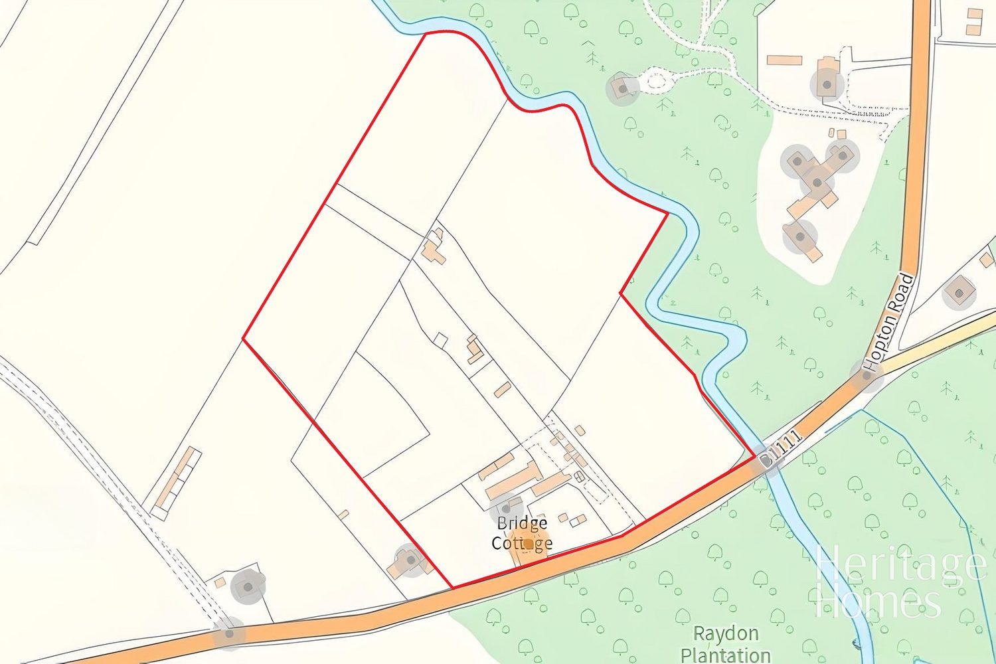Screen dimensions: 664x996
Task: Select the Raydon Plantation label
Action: pyautogui.click(x=725, y=644)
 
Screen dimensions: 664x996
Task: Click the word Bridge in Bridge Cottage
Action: pyautogui.click(x=523, y=524)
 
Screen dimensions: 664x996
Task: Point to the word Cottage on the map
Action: pyautogui.click(x=522, y=542)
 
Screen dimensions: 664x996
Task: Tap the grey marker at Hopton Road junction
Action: pyautogui.click(x=866, y=376)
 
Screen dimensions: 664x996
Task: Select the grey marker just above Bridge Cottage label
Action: pyautogui.click(x=506, y=509)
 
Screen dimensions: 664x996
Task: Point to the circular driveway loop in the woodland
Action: pyautogui.click(x=656, y=82)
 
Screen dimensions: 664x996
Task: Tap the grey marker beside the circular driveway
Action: pyautogui.click(x=623, y=87)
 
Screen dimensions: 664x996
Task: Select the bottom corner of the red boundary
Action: pyautogui.click(x=452, y=588)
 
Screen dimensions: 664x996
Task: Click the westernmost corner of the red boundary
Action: pyautogui.click(x=244, y=339)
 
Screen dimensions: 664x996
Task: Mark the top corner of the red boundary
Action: pyautogui.click(x=426, y=33)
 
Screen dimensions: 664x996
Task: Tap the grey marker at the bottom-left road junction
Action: pyautogui.click(x=229, y=633)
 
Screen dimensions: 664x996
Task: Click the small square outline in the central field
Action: pyautogui.click(x=440, y=339)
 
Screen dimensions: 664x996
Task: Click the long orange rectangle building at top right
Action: pyautogui.click(x=785, y=60)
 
